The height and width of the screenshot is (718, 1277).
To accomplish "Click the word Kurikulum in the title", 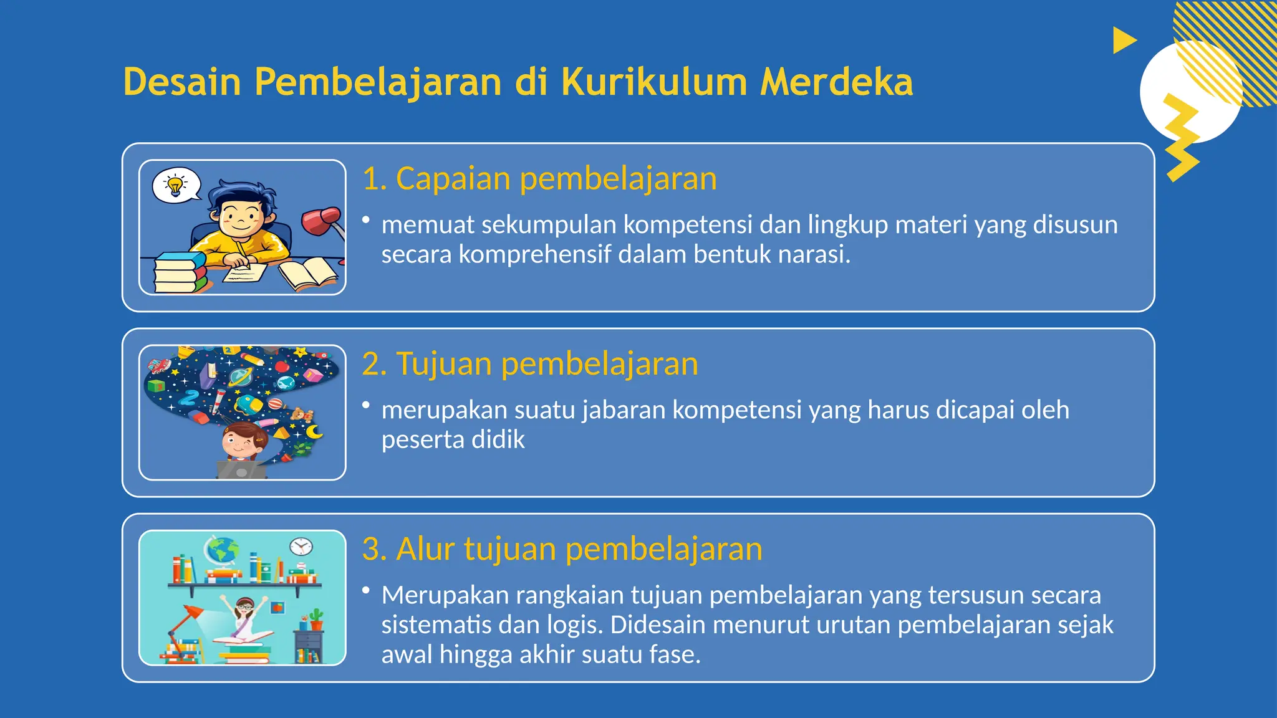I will [653, 82].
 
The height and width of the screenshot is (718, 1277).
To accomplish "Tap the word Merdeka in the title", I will [836, 82].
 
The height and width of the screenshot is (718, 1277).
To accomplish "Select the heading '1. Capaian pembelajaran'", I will [539, 179].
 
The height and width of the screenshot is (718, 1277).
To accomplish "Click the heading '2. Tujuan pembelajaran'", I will [530, 364].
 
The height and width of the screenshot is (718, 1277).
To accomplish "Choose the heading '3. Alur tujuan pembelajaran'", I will [562, 549].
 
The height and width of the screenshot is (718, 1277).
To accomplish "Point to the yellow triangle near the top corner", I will [1123, 41].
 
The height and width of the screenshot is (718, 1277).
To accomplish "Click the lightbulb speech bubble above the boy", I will [176, 185].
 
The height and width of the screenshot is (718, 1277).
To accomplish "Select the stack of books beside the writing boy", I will [179, 272].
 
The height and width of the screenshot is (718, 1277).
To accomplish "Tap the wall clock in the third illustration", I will [301, 546].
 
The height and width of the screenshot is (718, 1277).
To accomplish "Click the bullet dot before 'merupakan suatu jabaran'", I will [366, 405].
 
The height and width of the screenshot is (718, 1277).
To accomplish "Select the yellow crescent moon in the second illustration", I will [314, 431].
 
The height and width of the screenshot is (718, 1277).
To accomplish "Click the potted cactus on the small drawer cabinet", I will [316, 619].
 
